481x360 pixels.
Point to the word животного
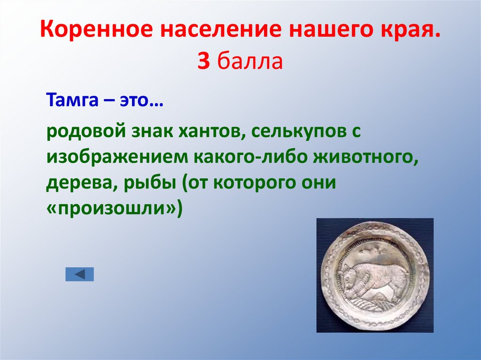pyautogui.click(x=367, y=158)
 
